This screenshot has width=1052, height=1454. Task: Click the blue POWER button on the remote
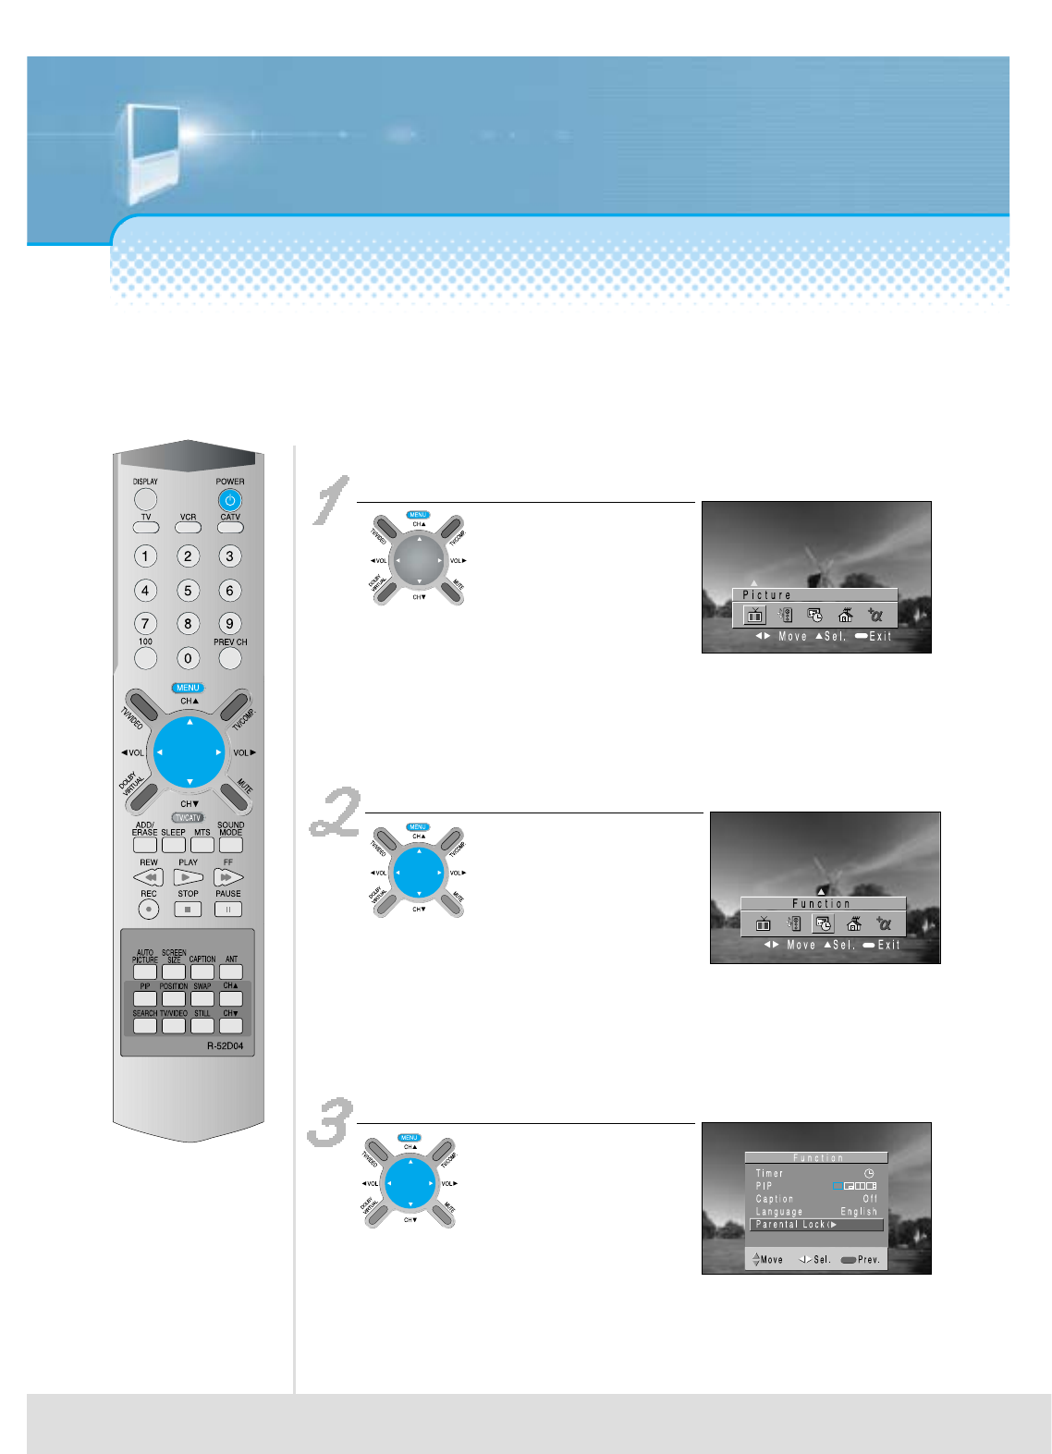pyautogui.click(x=230, y=500)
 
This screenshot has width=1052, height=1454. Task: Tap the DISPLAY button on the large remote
pyautogui.click(x=145, y=499)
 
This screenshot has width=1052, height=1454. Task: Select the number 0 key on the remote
pyautogui.click(x=188, y=658)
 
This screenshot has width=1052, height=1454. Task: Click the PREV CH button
pyautogui.click(x=230, y=658)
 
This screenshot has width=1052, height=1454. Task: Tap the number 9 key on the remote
pyautogui.click(x=230, y=623)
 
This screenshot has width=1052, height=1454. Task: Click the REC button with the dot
pyautogui.click(x=149, y=909)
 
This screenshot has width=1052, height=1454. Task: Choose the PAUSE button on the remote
pyautogui.click(x=227, y=909)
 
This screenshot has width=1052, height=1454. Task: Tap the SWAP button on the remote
pyautogui.click(x=202, y=998)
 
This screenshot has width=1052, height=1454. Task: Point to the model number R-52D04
pyautogui.click(x=225, y=1046)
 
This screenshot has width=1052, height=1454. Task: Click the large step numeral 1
pyautogui.click(x=331, y=500)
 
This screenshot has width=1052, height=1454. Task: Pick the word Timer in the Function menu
pyautogui.click(x=769, y=1173)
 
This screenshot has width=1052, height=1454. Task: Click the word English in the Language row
pyautogui.click(x=859, y=1212)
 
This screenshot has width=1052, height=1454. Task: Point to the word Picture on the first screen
pyautogui.click(x=766, y=595)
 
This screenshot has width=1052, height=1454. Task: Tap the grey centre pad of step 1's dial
pyautogui.click(x=419, y=560)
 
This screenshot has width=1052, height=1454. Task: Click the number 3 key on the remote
pyautogui.click(x=230, y=556)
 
